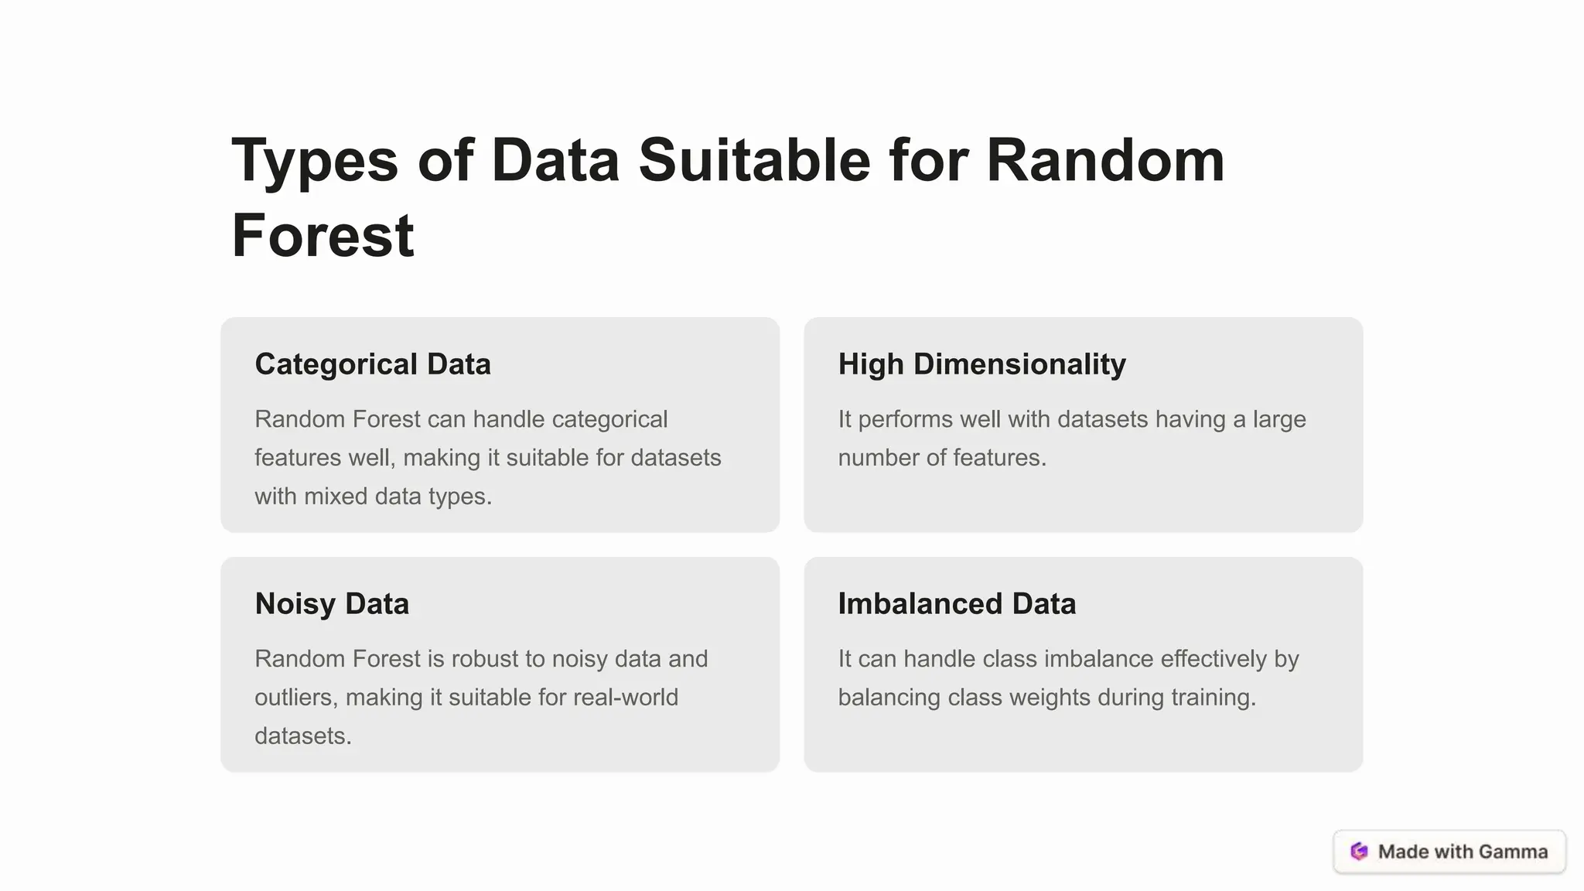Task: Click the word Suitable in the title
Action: pyautogui.click(x=754, y=161)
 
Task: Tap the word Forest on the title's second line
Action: pyautogui.click(x=323, y=236)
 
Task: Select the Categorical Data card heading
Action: pyautogui.click(x=373, y=364)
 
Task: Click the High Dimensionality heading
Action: pyautogui.click(x=981, y=364)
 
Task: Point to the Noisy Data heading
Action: pyautogui.click(x=332, y=604)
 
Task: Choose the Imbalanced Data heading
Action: pyautogui.click(x=957, y=604)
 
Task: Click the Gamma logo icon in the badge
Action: pyautogui.click(x=1359, y=852)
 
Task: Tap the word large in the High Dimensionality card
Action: pyautogui.click(x=1279, y=419)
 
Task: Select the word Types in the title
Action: pyautogui.click(x=315, y=161)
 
